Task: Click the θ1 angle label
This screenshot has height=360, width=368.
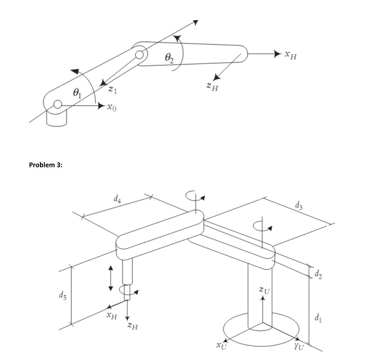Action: point(77,93)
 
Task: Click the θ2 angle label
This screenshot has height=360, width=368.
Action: point(169,58)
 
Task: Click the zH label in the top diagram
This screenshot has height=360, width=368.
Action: point(212,86)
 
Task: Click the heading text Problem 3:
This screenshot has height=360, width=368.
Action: point(46,165)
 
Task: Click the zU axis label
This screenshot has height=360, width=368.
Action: point(265,290)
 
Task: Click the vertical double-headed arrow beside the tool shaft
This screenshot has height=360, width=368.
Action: point(111,278)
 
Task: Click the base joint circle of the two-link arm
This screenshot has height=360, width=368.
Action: point(57,105)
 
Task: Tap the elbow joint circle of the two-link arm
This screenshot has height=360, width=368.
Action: point(140,55)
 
